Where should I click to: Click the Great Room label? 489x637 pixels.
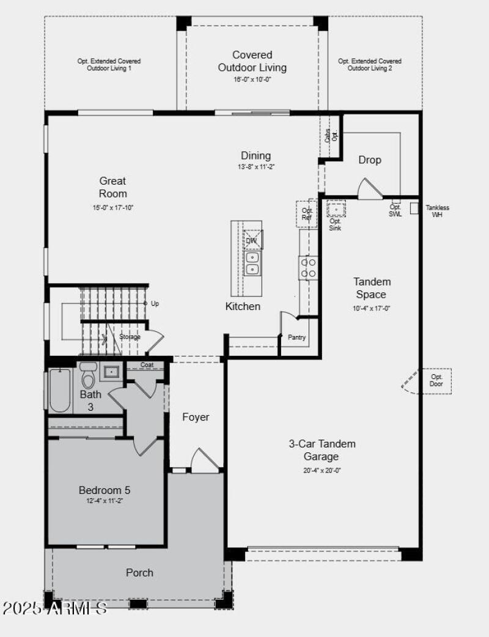click(x=113, y=187)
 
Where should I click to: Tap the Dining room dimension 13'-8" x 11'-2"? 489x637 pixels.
click(x=255, y=167)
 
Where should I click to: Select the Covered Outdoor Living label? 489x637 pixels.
click(x=252, y=61)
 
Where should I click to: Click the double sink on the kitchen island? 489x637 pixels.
click(x=252, y=263)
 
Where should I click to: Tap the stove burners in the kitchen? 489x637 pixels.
click(x=308, y=268)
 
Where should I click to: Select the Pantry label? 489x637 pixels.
click(x=297, y=337)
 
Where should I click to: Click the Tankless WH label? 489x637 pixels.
click(x=437, y=212)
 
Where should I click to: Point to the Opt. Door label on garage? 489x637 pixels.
click(x=436, y=380)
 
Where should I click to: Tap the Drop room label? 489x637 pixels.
click(x=370, y=160)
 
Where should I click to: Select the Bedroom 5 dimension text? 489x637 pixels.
click(x=105, y=501)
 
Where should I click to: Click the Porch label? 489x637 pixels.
click(x=139, y=573)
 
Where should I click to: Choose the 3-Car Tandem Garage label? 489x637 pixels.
click(x=322, y=450)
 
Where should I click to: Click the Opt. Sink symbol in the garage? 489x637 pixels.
click(x=335, y=209)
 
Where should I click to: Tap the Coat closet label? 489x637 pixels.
click(x=147, y=365)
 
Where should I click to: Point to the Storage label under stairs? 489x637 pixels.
click(x=130, y=337)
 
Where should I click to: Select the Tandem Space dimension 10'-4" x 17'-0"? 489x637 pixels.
click(x=372, y=309)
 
